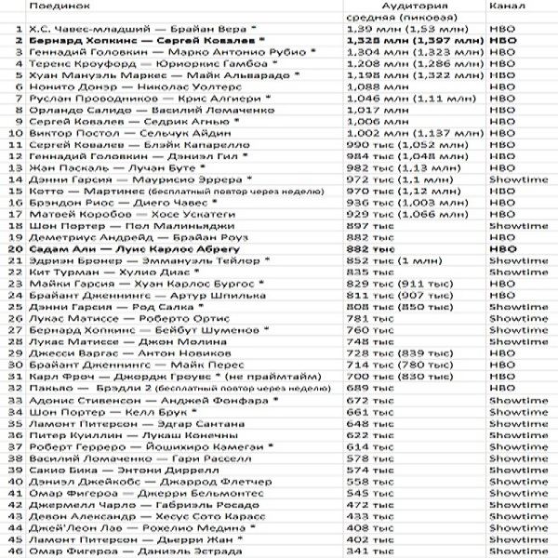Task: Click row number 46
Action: click(x=14, y=551)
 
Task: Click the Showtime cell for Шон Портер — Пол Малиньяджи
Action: click(x=511, y=226)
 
